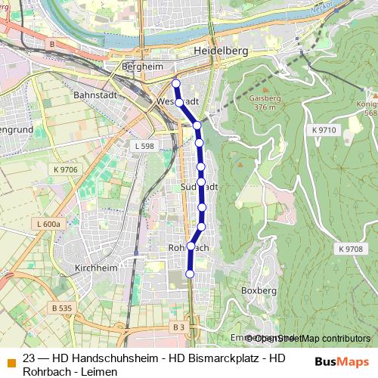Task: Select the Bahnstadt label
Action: click(x=93, y=96)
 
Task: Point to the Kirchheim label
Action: click(x=94, y=268)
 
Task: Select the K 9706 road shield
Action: click(x=64, y=169)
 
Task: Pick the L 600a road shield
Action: click(x=48, y=224)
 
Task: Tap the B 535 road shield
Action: click(x=61, y=308)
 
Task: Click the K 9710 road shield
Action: click(x=323, y=131)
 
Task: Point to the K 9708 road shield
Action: click(x=350, y=249)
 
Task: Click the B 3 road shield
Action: click(x=178, y=327)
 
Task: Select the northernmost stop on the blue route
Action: click(x=176, y=84)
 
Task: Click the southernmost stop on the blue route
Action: click(x=190, y=274)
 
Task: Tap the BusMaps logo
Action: click(x=342, y=361)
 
